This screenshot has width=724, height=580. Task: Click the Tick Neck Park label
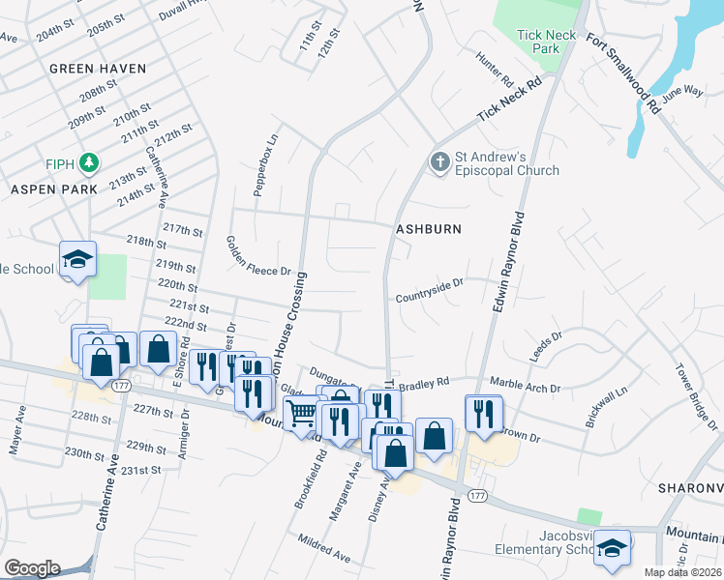point(547,42)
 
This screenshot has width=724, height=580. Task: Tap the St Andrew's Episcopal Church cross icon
point(440,160)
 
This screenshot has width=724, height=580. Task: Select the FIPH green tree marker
point(90,160)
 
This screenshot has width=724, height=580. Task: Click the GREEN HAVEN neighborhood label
point(98,69)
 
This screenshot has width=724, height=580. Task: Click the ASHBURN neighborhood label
point(427,229)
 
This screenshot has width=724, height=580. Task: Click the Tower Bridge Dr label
point(698,396)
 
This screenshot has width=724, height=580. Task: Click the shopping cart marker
point(303,413)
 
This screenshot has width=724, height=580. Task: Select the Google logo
point(32,568)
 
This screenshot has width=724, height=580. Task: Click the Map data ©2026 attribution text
point(682,572)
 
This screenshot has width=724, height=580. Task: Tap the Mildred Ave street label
point(324,551)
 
